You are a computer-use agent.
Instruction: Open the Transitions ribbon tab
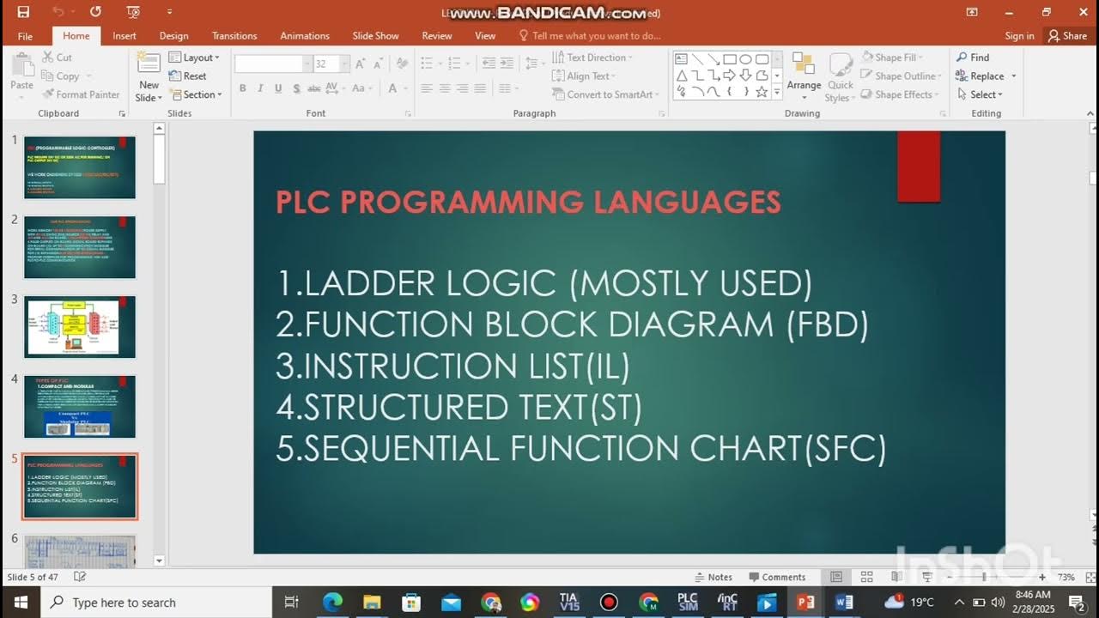point(234,36)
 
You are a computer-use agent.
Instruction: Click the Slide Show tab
point(375,36)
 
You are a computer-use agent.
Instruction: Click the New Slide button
point(149,77)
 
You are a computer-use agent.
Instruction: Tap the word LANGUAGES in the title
point(687,203)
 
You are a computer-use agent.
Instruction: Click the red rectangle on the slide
point(919,167)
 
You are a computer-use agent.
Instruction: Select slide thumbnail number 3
point(80,326)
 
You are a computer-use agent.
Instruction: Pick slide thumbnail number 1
point(80,167)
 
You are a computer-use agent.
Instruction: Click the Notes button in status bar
point(713,577)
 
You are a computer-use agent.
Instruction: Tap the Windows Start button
point(20,603)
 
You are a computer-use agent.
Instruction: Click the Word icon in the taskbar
point(844,603)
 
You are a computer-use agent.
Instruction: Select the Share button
point(1066,36)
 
